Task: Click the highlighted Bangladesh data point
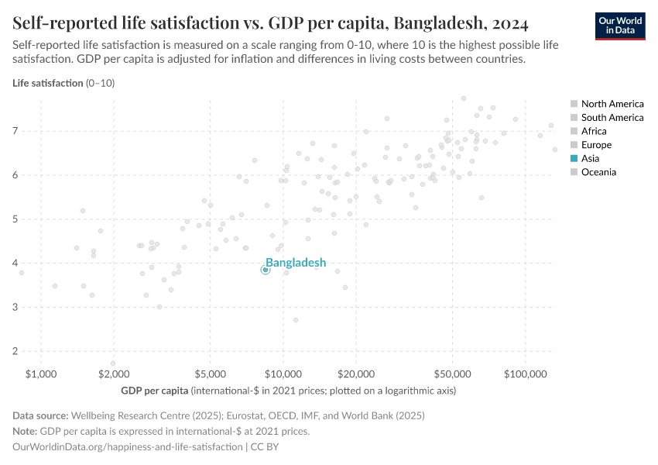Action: point(266,270)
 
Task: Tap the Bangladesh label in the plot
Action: point(296,263)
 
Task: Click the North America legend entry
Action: point(612,104)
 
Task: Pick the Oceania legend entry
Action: point(598,172)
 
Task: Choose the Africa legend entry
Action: point(594,131)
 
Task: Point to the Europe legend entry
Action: point(596,145)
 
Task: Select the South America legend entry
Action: point(612,118)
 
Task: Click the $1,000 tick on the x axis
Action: point(41,374)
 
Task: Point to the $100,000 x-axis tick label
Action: point(526,374)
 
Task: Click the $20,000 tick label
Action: point(355,374)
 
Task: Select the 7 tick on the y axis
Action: point(15,132)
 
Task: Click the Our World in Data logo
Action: point(620,26)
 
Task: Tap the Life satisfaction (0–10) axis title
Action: point(63,83)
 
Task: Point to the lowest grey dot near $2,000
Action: point(113,363)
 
